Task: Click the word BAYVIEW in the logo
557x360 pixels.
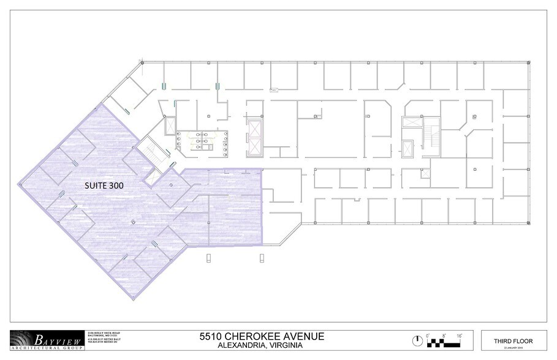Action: [x=54, y=338]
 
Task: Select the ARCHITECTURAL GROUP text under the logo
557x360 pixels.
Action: [x=53, y=348]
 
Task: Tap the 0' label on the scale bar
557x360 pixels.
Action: [x=429, y=335]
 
